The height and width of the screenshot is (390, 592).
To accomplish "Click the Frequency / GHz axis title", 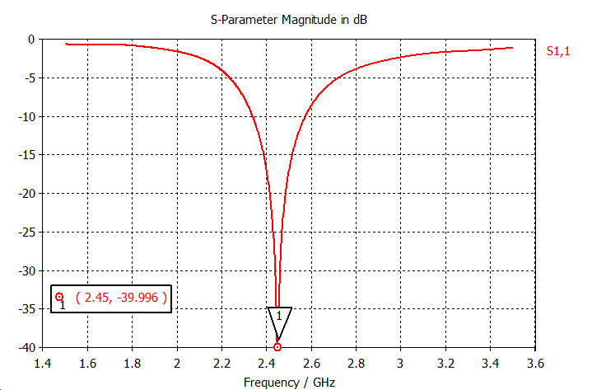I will coord(289,383).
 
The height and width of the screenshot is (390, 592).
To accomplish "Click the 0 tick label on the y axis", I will coord(31,40).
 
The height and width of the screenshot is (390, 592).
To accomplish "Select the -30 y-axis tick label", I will coord(26,270).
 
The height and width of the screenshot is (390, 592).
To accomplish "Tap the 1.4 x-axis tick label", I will coord(43,362).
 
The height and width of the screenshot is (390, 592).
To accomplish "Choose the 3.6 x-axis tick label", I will coord(535,362).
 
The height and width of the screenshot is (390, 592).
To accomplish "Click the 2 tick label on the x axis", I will coord(177,362).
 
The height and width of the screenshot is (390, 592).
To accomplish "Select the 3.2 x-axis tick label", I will coord(445,362).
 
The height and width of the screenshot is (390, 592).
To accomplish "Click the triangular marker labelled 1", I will coord(279,317).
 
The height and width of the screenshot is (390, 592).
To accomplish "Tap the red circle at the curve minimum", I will coord(277,347).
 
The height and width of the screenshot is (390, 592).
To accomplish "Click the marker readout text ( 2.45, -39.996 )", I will coord(121,297).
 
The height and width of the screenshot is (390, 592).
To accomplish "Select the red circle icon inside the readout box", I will coord(59,297).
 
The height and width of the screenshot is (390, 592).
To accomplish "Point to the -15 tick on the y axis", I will coord(26,155).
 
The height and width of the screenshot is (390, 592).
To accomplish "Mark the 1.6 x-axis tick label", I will coord(87,362).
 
